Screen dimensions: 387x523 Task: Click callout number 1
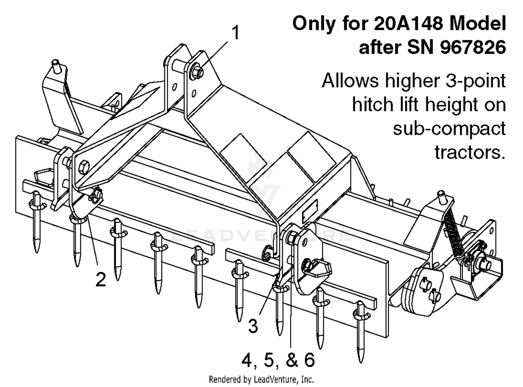tap(236, 33)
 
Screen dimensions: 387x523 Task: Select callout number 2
tap(100, 280)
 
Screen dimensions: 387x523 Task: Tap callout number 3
tap(253, 326)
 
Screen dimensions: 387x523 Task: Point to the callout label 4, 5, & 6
tap(278, 360)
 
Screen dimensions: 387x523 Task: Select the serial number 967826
tap(473, 47)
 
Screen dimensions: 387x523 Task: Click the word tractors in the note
tap(470, 152)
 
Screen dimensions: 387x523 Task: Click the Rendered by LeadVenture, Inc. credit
tap(261, 379)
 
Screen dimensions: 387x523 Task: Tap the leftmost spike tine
tap(36, 223)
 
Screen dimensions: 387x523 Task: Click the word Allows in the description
tap(350, 81)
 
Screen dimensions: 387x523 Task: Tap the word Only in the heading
tap(314, 24)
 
